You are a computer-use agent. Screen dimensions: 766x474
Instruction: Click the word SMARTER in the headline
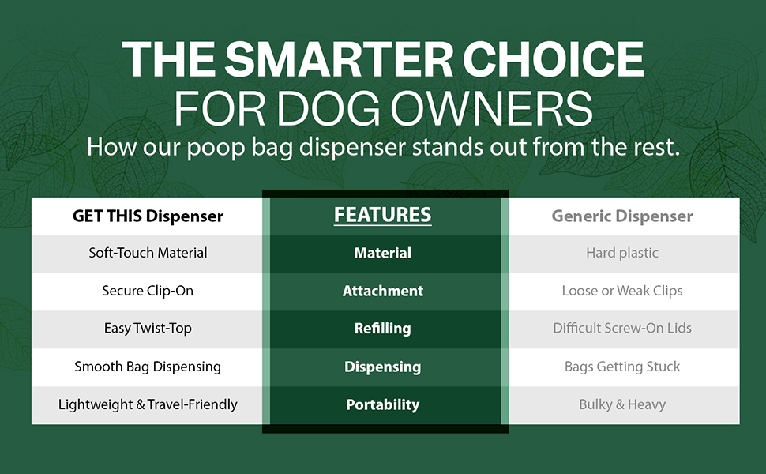[339, 59]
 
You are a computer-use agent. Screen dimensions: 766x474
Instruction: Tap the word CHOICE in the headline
[553, 59]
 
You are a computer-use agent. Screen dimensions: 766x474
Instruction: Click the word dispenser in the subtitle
[352, 147]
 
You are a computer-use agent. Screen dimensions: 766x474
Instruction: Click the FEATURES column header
[382, 215]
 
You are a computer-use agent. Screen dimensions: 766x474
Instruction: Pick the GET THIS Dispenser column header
[148, 216]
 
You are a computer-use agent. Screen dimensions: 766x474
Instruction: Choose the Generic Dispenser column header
[622, 216]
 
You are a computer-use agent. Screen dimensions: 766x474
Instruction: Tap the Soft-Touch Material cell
[148, 253]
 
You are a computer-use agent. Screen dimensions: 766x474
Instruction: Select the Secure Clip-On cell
[148, 291]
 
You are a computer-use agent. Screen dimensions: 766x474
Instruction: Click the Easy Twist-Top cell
[148, 329]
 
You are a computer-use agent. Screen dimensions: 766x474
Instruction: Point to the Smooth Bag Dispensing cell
[148, 367]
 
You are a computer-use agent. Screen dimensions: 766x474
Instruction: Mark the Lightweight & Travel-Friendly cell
[148, 404]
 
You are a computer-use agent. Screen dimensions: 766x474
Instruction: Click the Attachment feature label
[382, 291]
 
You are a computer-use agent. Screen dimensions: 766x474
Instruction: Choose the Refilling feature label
[382, 329]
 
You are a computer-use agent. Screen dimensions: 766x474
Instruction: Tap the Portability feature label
[382, 404]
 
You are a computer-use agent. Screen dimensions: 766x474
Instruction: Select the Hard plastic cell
[622, 253]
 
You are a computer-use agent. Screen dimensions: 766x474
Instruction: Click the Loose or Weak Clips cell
[622, 291]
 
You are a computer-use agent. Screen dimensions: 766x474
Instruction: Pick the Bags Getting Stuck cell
[622, 367]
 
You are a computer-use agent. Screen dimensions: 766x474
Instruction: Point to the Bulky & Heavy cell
[622, 404]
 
